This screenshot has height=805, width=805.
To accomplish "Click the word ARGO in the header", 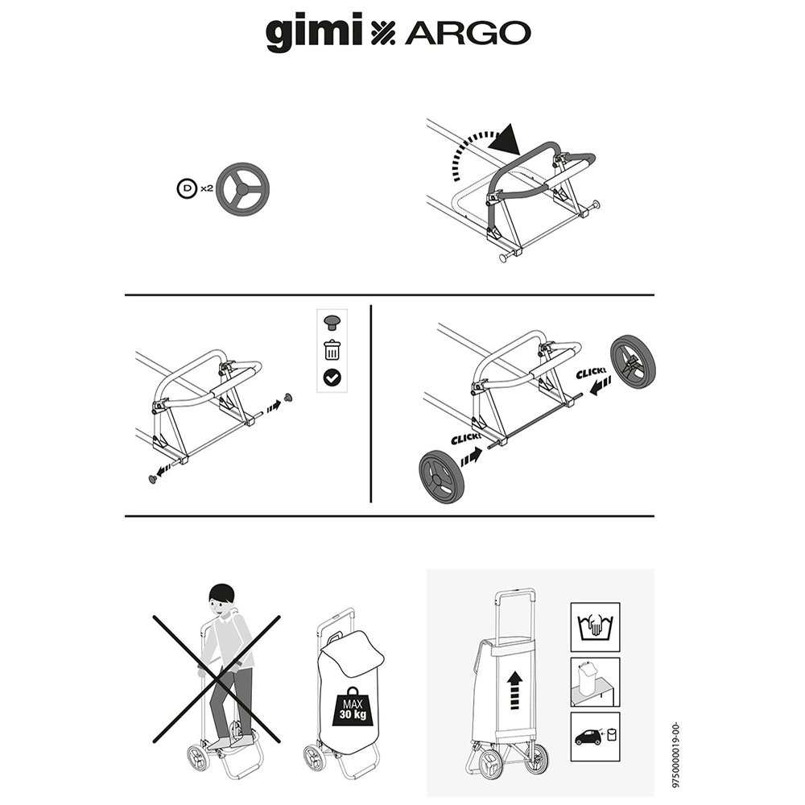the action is coord(468,34).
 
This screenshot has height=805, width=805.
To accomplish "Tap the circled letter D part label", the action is coord(187,188).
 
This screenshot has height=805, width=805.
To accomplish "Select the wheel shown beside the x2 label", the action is coord(243,189).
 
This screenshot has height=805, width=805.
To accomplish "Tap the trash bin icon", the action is coord(332,350).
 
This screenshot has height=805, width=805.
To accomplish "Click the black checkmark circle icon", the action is coord(332,378).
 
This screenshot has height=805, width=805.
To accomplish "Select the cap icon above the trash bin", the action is coord(332,323).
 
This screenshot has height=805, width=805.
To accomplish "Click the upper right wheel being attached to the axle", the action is coord(633,361).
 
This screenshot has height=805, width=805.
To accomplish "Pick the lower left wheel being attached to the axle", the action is coord(441,477).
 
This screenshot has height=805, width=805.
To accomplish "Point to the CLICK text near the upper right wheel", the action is coord(591,374).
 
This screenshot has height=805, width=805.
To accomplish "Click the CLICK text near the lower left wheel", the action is coord(466,439).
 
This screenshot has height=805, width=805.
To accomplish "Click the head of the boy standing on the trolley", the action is coord(222,601).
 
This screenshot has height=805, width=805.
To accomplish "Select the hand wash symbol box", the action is coord(595,627).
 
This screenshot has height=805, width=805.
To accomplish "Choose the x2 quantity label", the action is coord(206,188).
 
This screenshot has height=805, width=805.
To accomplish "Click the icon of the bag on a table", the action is coord(595,682).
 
